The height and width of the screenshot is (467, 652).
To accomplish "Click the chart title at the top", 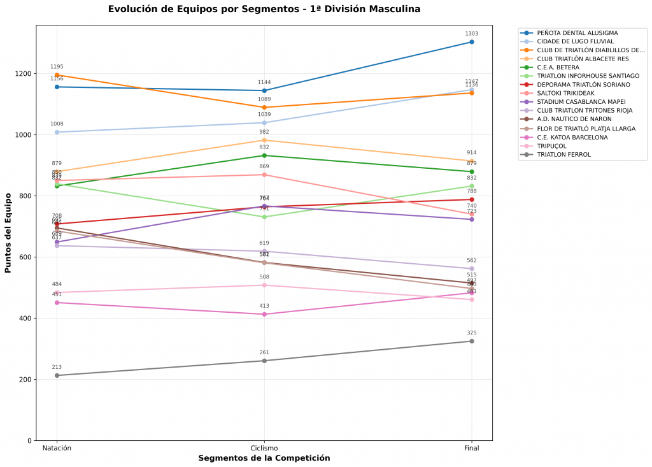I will [264, 9].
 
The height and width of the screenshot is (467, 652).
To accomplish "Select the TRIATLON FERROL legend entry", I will [563, 154].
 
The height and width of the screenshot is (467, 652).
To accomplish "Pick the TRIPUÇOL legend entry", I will [551, 145].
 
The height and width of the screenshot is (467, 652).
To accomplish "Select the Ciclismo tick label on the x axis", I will [264, 449].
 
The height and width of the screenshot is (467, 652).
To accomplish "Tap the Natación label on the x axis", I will [57, 449].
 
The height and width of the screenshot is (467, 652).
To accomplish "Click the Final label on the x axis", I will [472, 449].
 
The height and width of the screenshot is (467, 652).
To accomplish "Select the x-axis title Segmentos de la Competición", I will [264, 458].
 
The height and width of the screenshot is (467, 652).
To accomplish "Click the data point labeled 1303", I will [472, 42].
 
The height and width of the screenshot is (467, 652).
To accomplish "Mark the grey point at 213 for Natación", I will [57, 375].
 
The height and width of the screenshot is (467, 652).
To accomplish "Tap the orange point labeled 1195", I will [57, 75].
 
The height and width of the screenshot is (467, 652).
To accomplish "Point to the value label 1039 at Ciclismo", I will [264, 115].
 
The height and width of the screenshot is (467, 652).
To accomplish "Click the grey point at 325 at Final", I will [472, 341].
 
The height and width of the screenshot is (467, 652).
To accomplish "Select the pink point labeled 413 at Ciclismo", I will [264, 314].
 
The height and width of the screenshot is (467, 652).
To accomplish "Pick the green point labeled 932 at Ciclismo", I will [264, 155].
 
